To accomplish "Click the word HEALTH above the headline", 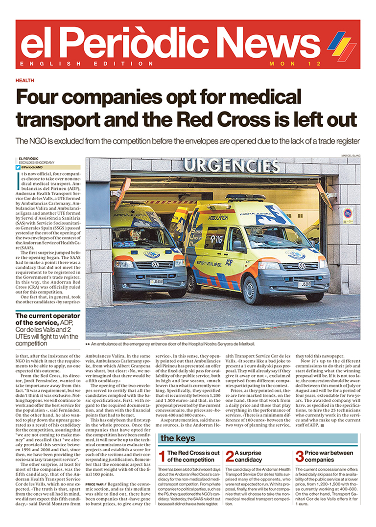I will coord(24,80).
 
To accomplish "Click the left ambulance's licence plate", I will coord(156,282).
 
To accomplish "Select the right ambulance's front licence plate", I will coord(305,284).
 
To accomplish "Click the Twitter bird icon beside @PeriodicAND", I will coord(18,167).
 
